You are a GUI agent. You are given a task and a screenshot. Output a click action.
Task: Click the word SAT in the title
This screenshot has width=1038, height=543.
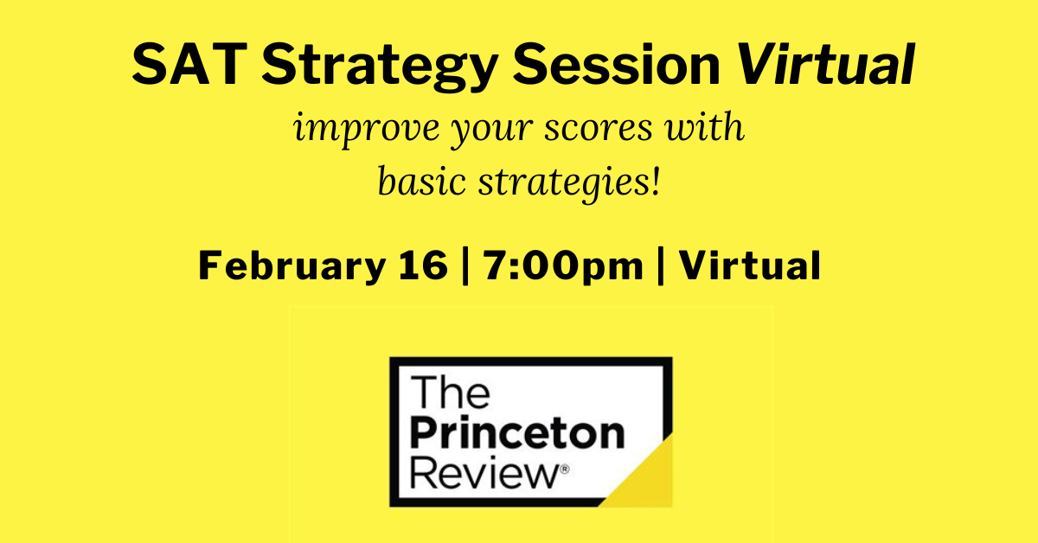click(x=189, y=64)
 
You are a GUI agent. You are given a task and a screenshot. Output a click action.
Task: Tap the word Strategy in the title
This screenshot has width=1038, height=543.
click(x=380, y=67)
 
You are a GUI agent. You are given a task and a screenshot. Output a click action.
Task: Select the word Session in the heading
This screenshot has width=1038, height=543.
click(x=616, y=64)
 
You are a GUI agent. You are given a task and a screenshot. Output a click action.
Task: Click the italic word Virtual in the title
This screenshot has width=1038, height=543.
click(x=826, y=64)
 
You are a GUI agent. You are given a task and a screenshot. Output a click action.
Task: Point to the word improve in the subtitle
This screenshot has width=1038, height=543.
click(x=367, y=130)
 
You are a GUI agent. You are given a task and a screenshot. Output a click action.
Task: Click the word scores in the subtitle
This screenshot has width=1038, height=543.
click(x=599, y=128)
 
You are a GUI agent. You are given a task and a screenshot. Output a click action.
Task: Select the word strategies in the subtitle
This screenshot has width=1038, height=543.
click(x=563, y=184)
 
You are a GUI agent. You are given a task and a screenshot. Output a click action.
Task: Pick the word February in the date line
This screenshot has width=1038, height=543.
click(x=292, y=266)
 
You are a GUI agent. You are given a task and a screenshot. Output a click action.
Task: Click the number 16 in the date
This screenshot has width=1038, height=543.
click(x=423, y=265)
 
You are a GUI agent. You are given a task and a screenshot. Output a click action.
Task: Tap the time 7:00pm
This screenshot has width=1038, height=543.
click(x=563, y=266)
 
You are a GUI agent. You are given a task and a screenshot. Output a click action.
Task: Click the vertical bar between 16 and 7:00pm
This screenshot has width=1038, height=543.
click(x=465, y=266)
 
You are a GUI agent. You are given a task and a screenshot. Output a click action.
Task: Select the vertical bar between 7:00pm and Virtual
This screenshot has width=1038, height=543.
click(x=661, y=266)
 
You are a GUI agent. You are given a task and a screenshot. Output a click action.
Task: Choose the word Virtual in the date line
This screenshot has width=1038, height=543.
click(x=750, y=265)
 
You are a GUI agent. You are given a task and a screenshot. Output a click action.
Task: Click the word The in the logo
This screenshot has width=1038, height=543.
click(x=450, y=392)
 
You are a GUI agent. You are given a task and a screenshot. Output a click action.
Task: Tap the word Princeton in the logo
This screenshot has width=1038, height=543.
click(x=517, y=434)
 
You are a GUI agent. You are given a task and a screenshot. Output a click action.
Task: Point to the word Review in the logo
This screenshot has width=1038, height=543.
click(x=485, y=473)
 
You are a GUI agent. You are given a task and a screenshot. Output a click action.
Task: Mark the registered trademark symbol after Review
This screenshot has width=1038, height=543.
click(x=565, y=470)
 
